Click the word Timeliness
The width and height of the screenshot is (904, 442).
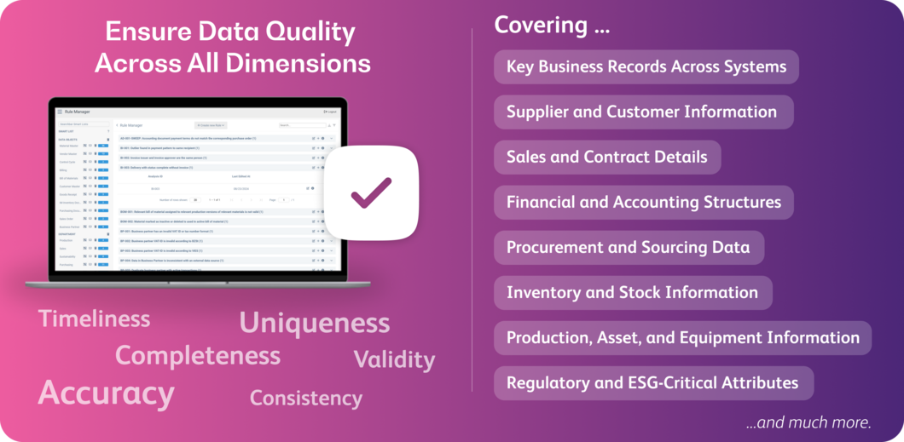click(x=94, y=319)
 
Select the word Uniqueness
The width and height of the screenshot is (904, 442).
click(x=314, y=323)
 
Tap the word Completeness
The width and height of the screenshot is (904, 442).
click(x=197, y=355)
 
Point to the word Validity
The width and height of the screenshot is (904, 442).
click(x=394, y=359)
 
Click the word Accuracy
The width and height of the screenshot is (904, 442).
click(x=107, y=393)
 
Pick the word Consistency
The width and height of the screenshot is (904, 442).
click(x=305, y=398)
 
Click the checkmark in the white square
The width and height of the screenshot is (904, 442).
click(x=371, y=192)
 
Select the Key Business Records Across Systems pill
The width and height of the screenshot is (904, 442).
click(x=646, y=66)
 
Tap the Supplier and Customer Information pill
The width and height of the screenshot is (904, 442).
click(x=642, y=112)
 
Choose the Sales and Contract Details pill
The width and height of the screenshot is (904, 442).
click(x=606, y=157)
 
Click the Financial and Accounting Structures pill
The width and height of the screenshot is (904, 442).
click(x=643, y=202)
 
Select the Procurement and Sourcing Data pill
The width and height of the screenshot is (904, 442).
click(x=628, y=247)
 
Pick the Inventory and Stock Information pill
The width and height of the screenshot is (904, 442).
click(x=632, y=292)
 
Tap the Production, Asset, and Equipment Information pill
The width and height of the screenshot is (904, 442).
click(x=682, y=337)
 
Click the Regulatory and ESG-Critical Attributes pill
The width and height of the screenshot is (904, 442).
click(x=652, y=382)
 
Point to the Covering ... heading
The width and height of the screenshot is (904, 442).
click(x=552, y=26)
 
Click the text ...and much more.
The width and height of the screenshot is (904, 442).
click(x=808, y=422)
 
